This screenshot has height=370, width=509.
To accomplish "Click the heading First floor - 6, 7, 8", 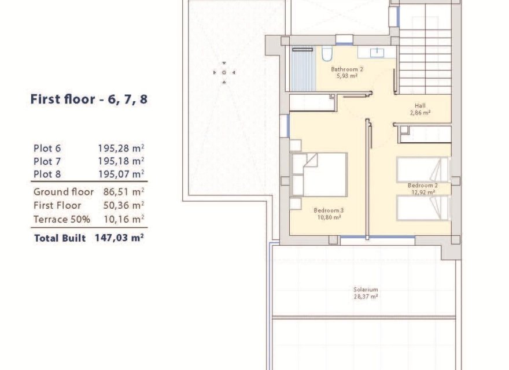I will tap(88, 99).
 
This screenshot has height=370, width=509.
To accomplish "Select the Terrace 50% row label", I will tap(62, 219).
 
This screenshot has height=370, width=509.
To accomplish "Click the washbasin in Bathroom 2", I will tap(377, 53).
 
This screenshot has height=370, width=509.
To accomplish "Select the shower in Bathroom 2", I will tap(301, 68).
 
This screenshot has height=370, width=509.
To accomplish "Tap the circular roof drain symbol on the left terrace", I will tap(224, 72).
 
